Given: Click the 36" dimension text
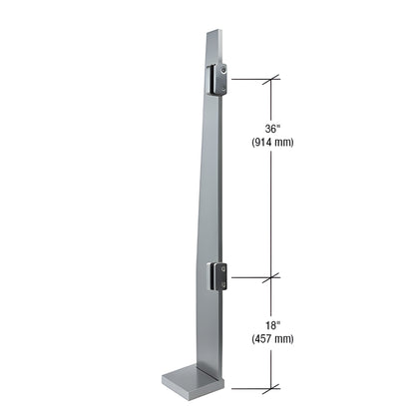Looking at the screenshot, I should coord(271,128).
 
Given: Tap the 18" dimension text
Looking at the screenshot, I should coord(271,324).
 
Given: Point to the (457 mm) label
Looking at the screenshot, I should coord(271,340).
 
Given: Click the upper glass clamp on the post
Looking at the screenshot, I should coord(218,79).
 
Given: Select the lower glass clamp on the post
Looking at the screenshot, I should coord(219,276).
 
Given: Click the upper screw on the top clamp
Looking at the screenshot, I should coord(226,70).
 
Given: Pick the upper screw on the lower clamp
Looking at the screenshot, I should coord(227,269).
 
